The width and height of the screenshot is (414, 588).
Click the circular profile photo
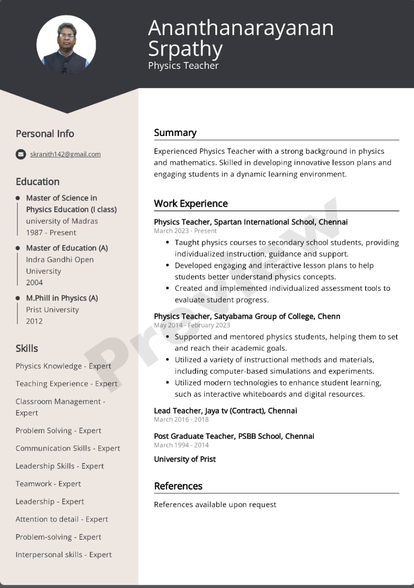click(66, 45)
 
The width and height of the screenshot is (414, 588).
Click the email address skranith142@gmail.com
click(65, 154)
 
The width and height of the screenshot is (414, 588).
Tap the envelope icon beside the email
click(21, 154)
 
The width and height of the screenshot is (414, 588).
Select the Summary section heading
click(175, 133)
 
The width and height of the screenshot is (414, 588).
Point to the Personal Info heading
click(45, 134)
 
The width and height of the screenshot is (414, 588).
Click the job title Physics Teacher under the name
click(183, 66)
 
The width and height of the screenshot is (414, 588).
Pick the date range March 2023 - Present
click(185, 231)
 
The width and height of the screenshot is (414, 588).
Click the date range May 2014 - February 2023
click(192, 325)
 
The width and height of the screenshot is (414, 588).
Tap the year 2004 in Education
click(34, 283)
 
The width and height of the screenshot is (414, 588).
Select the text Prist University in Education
click(52, 310)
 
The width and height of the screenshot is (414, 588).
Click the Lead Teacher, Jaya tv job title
click(225, 411)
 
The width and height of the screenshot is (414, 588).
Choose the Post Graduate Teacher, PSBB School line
click(234, 436)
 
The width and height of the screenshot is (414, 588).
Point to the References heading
click(178, 486)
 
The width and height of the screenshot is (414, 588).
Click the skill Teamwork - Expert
click(48, 484)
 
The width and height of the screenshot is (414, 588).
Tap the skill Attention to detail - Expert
click(62, 519)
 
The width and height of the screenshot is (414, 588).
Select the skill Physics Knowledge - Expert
click(63, 366)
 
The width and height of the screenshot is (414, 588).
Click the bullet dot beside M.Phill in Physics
click(18, 298)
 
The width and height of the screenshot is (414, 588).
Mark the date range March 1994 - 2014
click(181, 445)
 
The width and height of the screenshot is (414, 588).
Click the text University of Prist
click(185, 459)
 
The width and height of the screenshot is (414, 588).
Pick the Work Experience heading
click(191, 204)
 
